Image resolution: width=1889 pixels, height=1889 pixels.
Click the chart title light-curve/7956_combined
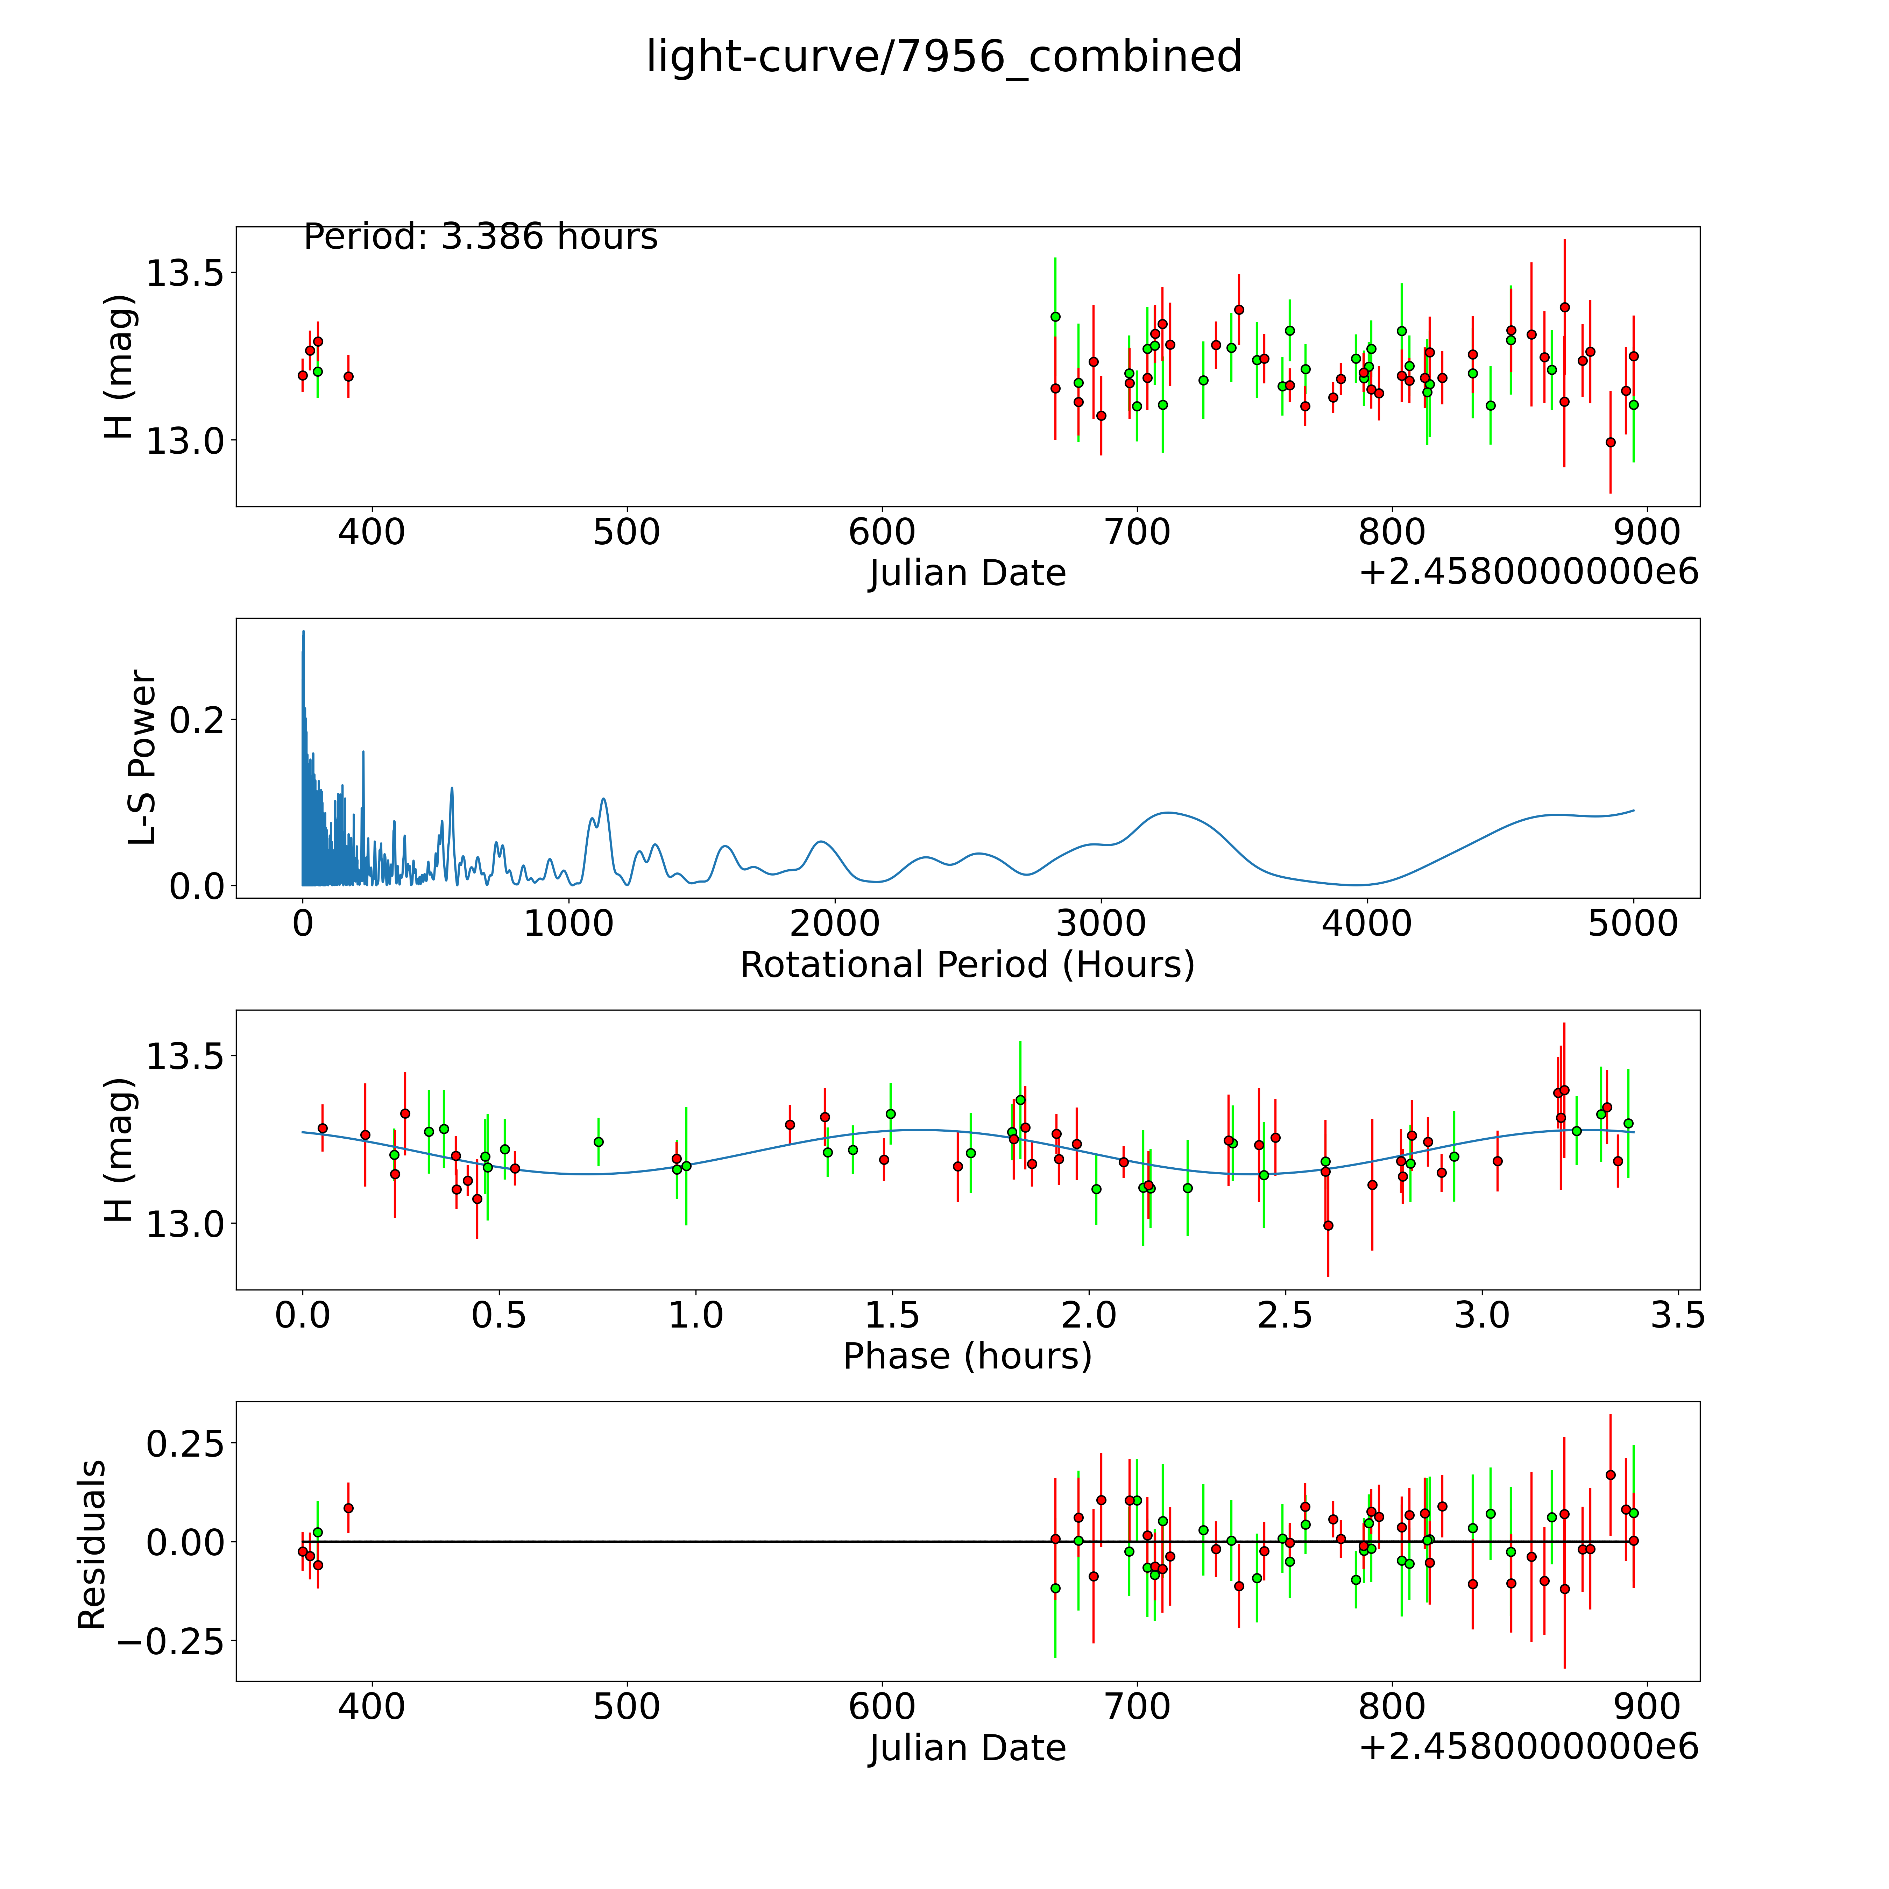click(x=943, y=57)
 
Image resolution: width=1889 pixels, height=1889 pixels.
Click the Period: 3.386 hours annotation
click(x=480, y=236)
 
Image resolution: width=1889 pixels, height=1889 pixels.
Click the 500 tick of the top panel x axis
click(x=627, y=533)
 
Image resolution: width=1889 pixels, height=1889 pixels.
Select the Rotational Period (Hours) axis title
click(x=967, y=965)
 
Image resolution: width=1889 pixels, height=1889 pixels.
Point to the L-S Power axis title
click(x=143, y=758)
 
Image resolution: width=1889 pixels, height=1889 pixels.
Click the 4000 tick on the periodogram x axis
click(x=1367, y=924)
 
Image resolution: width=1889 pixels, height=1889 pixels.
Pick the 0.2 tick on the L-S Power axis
click(x=197, y=720)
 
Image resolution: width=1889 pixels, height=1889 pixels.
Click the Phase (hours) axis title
click(x=967, y=1356)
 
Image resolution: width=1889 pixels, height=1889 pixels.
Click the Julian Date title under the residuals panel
click(x=967, y=1748)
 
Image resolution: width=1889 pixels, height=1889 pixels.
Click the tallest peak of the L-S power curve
click(x=303, y=632)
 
